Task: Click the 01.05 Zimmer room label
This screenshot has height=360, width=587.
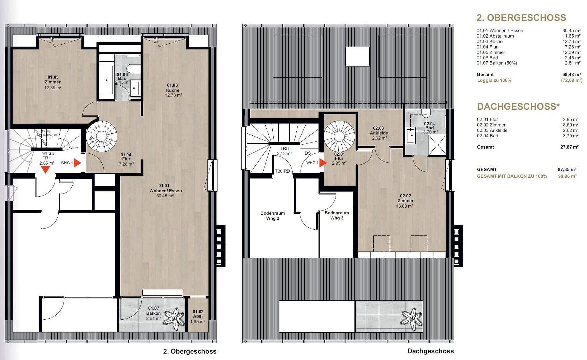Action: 53,80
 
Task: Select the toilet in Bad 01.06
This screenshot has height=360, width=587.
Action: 135,68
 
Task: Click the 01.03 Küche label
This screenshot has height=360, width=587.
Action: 173,88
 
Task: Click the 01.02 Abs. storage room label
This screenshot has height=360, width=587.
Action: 198,314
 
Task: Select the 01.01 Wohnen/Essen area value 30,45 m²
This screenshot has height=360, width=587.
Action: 165,196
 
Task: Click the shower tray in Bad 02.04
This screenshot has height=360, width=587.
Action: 437,145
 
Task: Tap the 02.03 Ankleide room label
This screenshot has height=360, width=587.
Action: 379,131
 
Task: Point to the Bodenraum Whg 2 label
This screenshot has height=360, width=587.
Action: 273,216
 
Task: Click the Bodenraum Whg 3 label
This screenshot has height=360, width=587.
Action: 337,215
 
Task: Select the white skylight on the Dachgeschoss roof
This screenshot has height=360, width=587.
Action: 357,56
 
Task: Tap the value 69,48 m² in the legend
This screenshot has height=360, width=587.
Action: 571,75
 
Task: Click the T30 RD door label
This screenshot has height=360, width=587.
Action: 282,171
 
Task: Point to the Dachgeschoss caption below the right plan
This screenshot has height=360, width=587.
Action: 430,351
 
